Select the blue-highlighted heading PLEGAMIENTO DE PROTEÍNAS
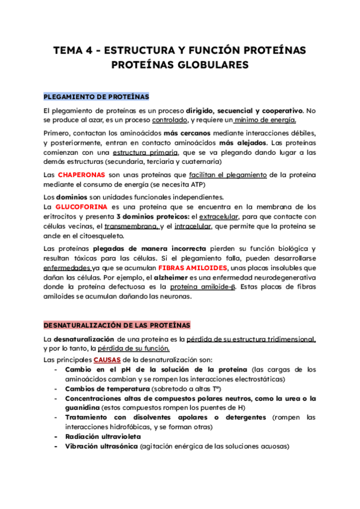point(97,97)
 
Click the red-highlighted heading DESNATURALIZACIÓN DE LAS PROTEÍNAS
point(117,325)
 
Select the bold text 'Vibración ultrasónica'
point(101,447)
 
